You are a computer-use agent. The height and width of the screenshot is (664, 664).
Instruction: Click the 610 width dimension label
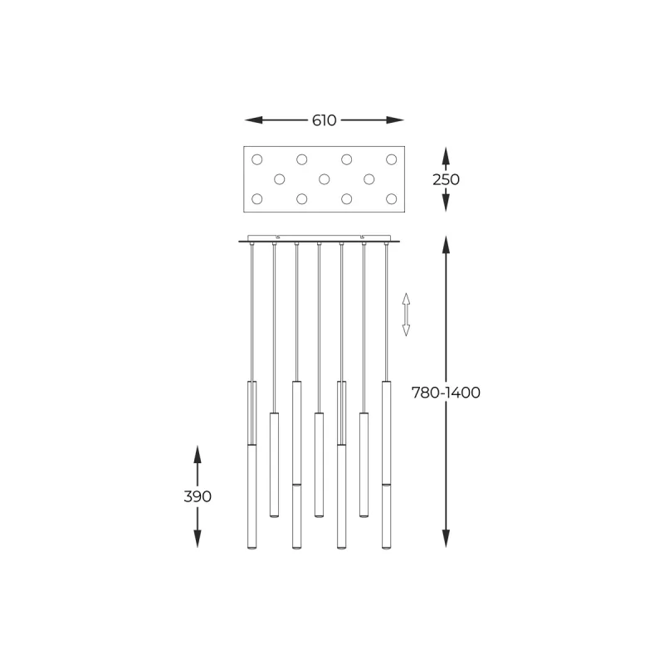click(x=324, y=120)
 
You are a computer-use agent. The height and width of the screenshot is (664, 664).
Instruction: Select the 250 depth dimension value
click(x=446, y=179)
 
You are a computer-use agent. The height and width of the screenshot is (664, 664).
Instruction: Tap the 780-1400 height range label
click(x=446, y=393)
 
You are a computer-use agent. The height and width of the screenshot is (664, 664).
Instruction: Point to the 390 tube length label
click(x=198, y=496)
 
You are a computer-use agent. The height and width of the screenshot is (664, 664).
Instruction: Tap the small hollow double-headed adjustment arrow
click(x=406, y=314)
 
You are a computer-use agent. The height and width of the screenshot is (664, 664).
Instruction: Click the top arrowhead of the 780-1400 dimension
click(x=446, y=244)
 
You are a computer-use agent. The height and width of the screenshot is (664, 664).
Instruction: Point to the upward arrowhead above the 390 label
click(x=198, y=453)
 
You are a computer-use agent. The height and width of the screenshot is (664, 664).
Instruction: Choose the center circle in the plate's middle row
click(x=325, y=178)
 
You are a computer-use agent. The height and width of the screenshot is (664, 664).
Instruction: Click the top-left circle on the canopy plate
click(x=256, y=159)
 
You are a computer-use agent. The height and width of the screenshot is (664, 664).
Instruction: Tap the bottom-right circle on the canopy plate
click(x=391, y=198)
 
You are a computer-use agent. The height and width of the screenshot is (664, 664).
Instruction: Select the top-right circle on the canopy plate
click(x=391, y=159)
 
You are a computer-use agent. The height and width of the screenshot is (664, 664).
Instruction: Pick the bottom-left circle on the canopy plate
click(x=256, y=198)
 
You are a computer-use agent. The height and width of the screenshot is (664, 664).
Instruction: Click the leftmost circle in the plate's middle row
click(x=280, y=178)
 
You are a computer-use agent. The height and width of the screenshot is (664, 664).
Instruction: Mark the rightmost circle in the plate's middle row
click(x=369, y=178)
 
